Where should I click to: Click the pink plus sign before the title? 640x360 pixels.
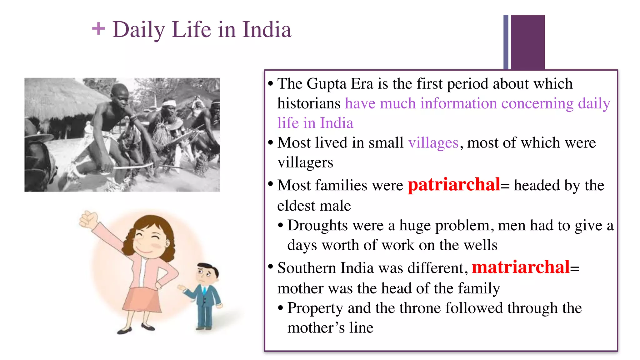click(98, 29)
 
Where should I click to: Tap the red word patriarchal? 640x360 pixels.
click(454, 185)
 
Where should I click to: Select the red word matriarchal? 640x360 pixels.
click(521, 267)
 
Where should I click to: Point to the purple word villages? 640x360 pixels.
click(433, 143)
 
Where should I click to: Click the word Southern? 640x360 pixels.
click(307, 268)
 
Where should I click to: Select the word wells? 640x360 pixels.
click(481, 245)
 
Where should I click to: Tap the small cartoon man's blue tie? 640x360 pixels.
click(204, 291)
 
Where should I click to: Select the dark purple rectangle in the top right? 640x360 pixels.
click(527, 42)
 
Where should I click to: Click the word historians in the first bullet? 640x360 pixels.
click(309, 103)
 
